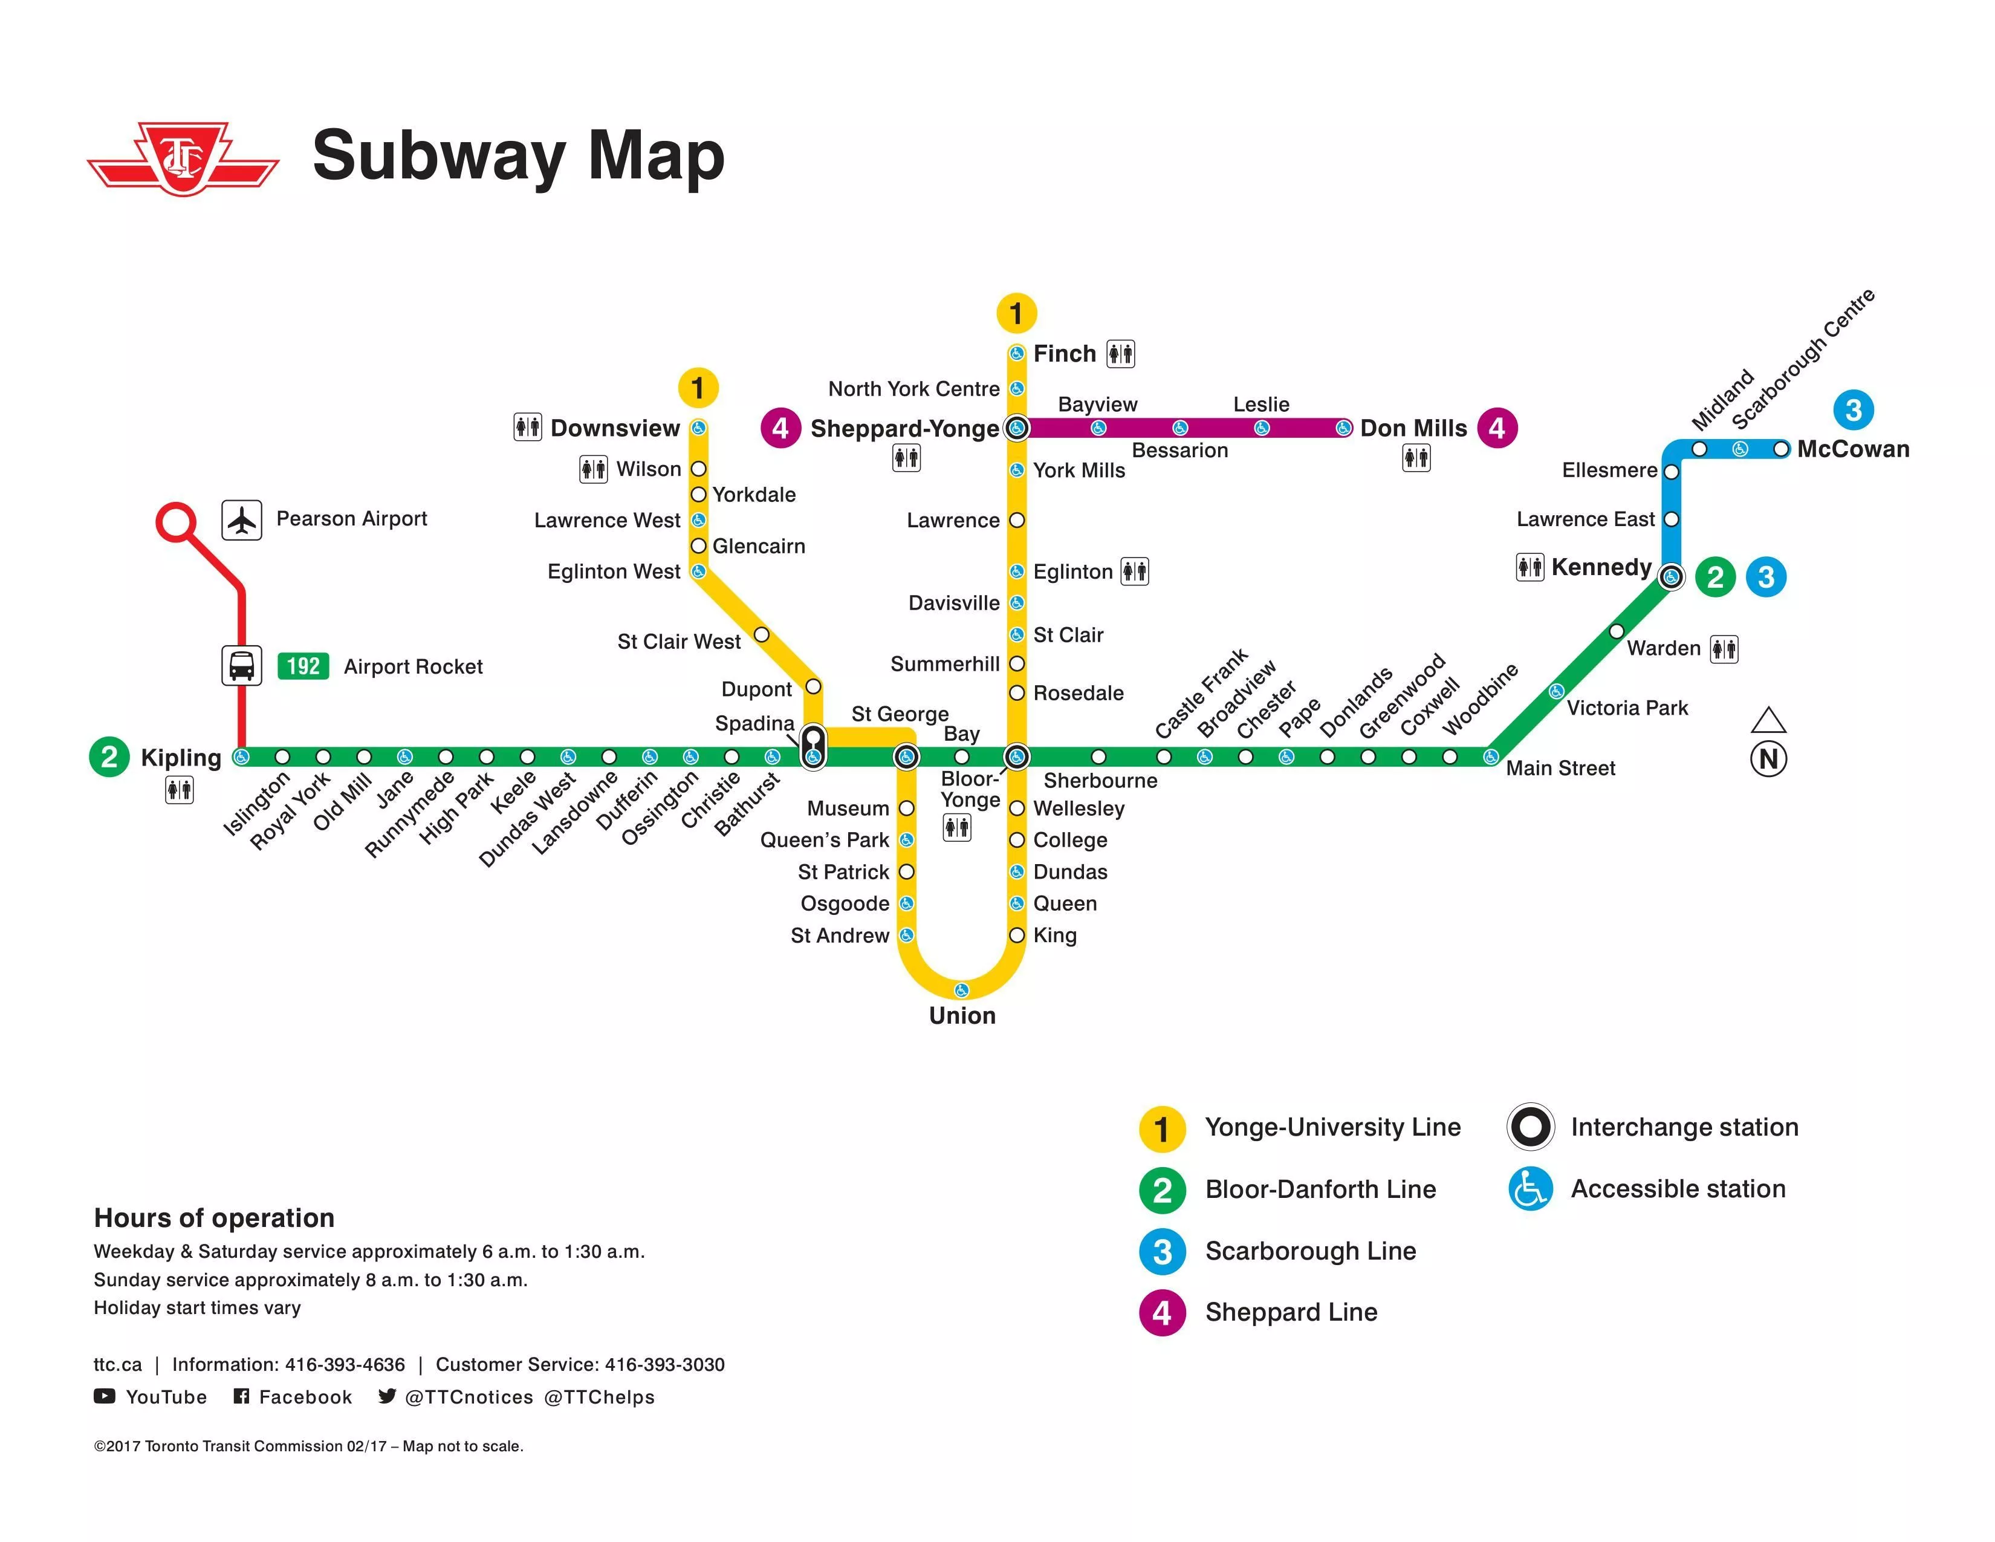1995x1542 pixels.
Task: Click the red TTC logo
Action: (x=183, y=160)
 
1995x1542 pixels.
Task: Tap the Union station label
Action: (x=962, y=1016)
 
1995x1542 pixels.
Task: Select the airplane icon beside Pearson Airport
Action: (x=242, y=520)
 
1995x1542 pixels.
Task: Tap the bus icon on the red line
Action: (x=241, y=665)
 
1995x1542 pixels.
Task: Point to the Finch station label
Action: (x=1064, y=354)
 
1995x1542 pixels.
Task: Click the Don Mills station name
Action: (x=1413, y=429)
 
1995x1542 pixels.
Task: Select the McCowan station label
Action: (x=1852, y=449)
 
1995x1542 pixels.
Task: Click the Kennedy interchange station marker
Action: (x=1671, y=576)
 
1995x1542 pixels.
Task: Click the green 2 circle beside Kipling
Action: (x=109, y=756)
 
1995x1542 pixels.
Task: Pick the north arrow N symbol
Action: (x=1768, y=758)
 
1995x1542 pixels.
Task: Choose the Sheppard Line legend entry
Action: (x=1290, y=1313)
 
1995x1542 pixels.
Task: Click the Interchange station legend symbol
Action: (x=1530, y=1127)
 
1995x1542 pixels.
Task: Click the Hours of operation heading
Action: (x=214, y=1218)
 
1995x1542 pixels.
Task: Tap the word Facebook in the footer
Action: (x=305, y=1397)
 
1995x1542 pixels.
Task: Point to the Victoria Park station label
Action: (x=1627, y=708)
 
